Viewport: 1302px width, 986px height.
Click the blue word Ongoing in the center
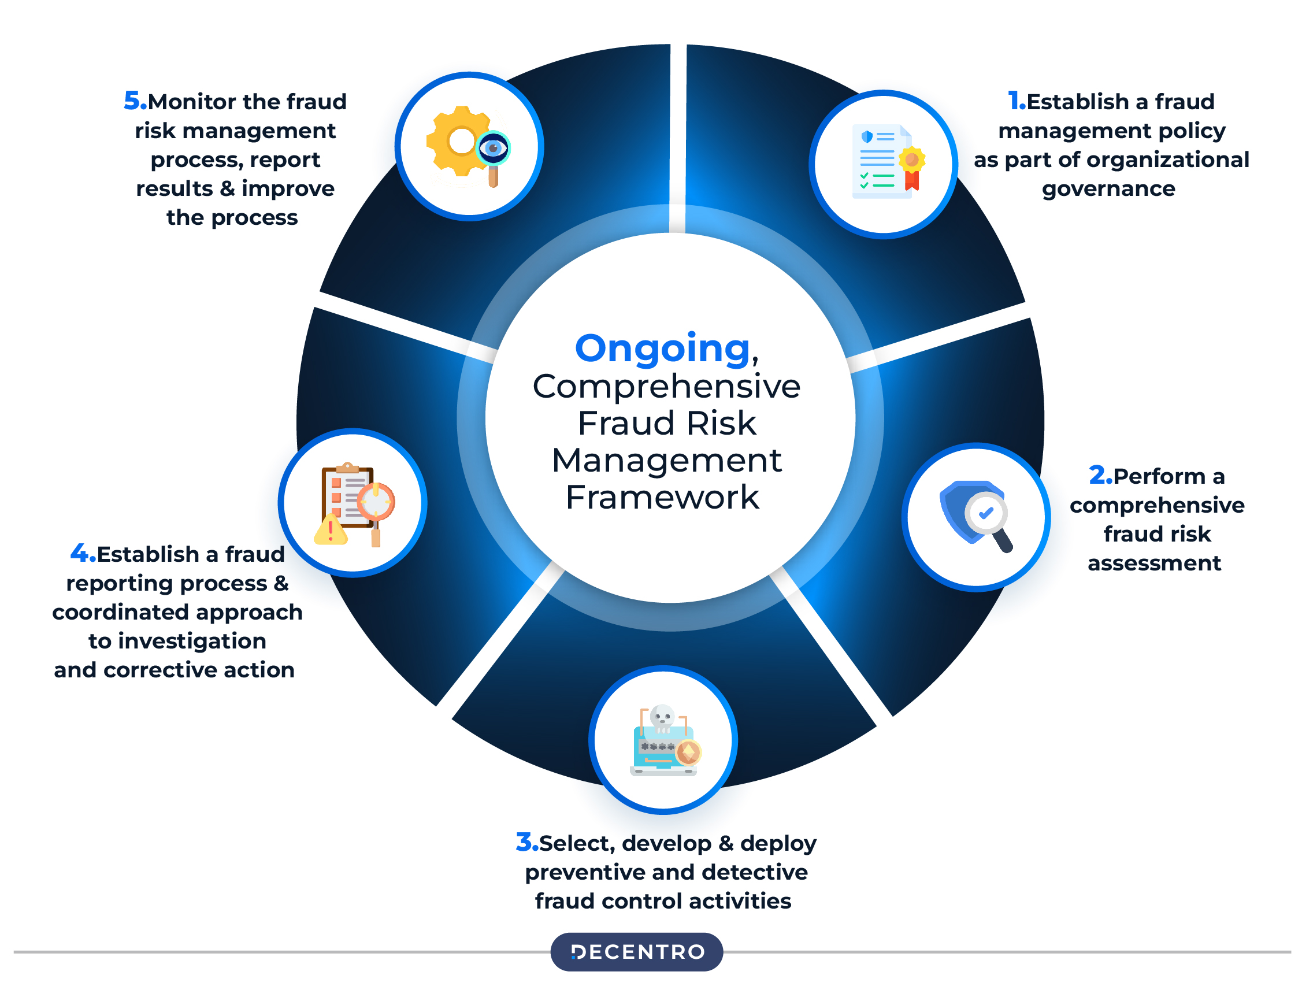pyautogui.click(x=662, y=349)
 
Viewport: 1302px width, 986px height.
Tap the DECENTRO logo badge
pyautogui.click(x=636, y=951)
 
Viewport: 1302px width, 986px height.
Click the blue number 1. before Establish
pyautogui.click(x=1016, y=101)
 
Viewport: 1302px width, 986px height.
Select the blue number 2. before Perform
pyautogui.click(x=1100, y=476)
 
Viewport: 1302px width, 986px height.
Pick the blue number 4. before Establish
pyautogui.click(x=83, y=553)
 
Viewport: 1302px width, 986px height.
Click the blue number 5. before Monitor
pyautogui.click(x=135, y=101)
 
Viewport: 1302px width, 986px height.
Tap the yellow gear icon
pyautogui.click(x=456, y=141)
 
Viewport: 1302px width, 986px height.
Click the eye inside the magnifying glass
pyautogui.click(x=493, y=147)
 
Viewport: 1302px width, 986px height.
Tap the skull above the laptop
pyautogui.click(x=662, y=717)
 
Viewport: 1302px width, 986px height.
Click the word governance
pyautogui.click(x=1108, y=189)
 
